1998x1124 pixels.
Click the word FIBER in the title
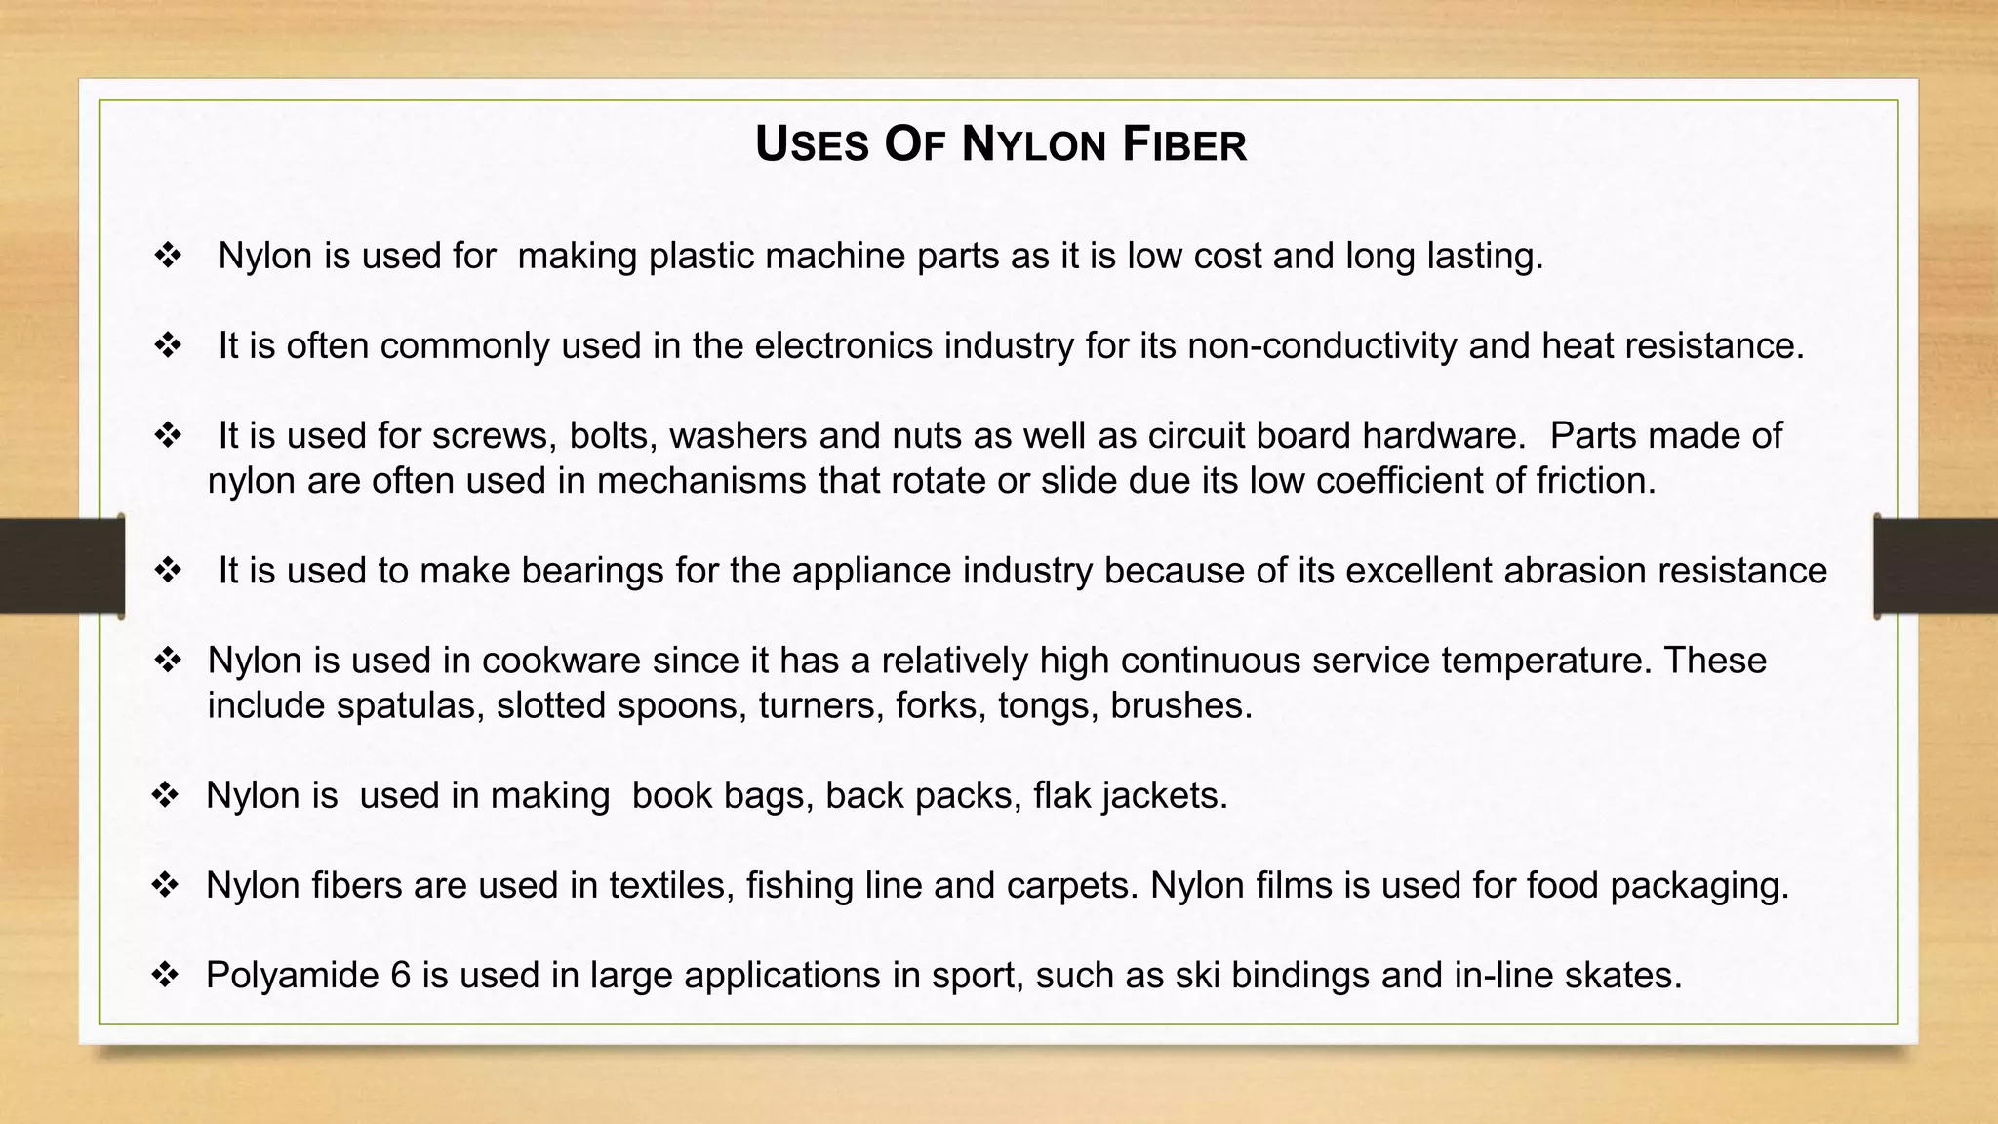pos(1184,145)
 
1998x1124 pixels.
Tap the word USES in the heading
pos(812,145)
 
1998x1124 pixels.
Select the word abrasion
pos(1595,571)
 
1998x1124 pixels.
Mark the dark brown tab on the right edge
pos(1936,565)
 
